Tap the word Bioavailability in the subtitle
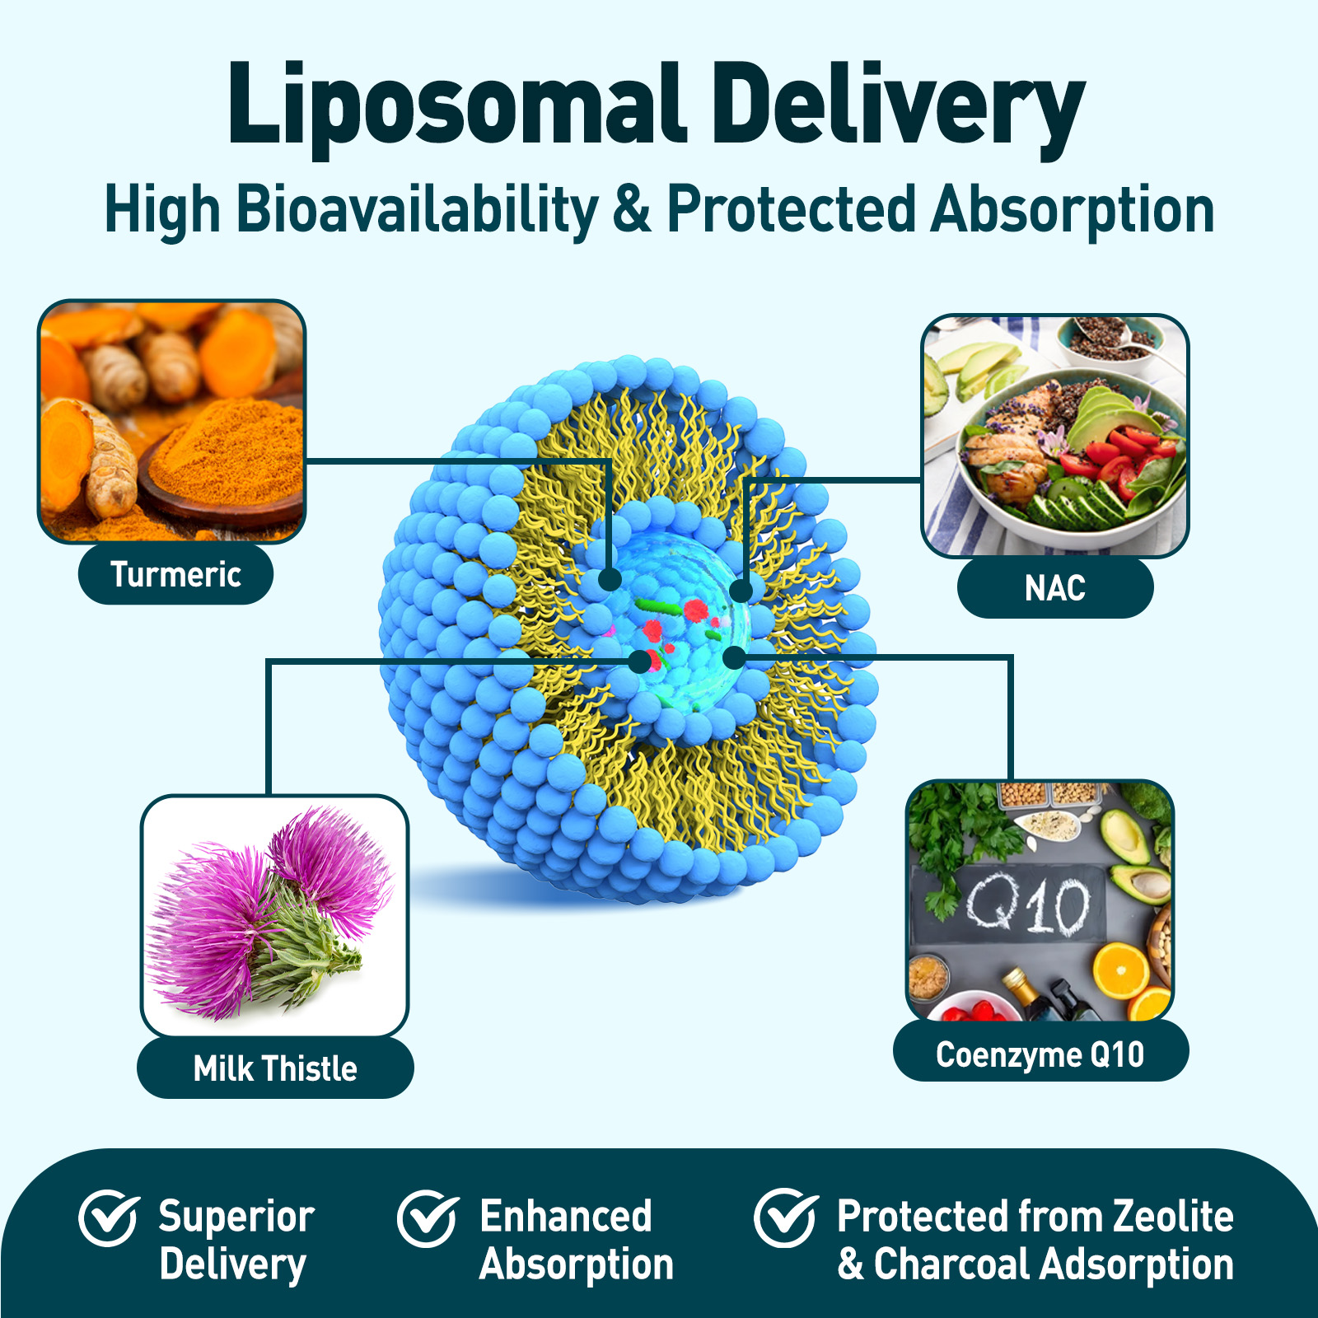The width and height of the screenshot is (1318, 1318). coord(418,209)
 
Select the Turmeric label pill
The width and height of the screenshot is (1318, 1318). coord(175,574)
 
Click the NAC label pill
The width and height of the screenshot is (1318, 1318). coord(1054,588)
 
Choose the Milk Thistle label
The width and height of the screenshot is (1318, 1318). coord(275,1068)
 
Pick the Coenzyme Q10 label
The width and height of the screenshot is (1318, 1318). coord(1040,1054)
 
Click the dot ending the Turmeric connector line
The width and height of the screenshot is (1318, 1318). coord(610,579)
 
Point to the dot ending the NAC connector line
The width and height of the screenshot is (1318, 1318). coord(741,591)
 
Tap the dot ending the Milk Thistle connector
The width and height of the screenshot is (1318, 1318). coord(640,661)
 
